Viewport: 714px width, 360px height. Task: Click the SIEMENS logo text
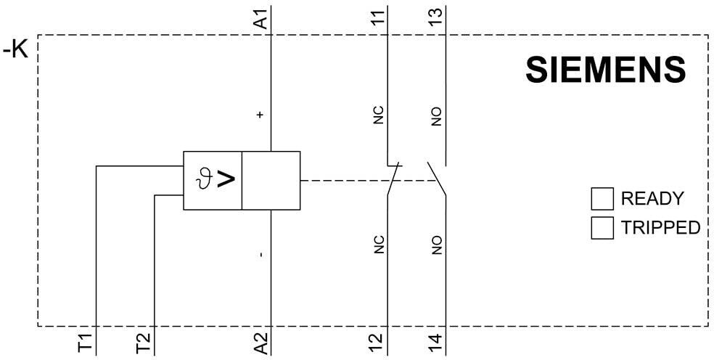point(605,70)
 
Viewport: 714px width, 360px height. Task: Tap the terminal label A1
point(262,18)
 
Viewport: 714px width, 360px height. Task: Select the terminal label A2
point(262,342)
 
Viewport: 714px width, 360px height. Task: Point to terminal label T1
point(86,343)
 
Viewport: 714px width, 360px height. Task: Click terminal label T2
point(145,343)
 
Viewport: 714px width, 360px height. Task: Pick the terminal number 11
point(377,18)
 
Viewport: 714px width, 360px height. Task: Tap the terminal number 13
point(436,18)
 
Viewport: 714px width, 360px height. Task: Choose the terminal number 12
point(377,342)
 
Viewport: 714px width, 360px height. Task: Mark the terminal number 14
point(436,342)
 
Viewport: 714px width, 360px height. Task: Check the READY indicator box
point(602,199)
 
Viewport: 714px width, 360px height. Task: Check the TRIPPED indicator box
point(602,227)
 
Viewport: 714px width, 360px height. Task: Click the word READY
point(652,199)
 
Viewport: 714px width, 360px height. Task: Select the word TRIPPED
point(660,227)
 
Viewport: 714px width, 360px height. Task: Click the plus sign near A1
point(260,115)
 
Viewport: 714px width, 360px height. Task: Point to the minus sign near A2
point(260,255)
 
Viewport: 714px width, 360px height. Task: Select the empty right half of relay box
point(271,181)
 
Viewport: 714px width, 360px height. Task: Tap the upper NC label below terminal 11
point(378,115)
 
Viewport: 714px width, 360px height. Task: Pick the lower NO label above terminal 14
point(436,245)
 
